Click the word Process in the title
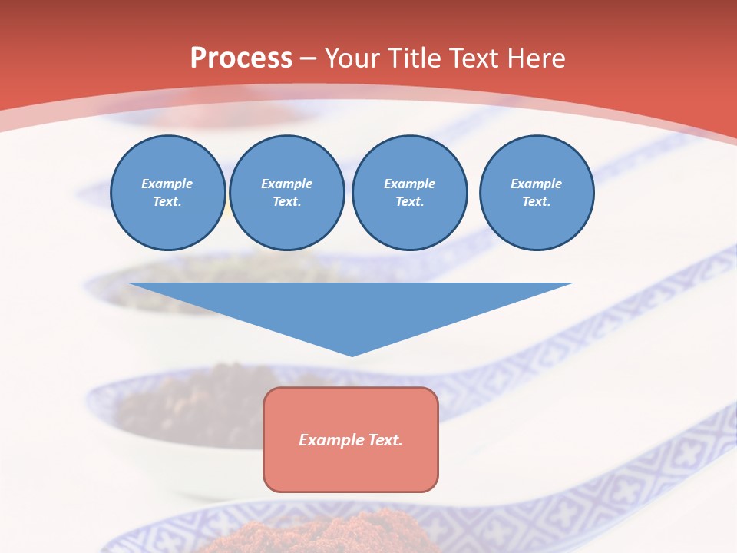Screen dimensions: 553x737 coord(241,58)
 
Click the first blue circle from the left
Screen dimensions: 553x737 coord(168,193)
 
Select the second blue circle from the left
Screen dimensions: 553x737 coord(287,193)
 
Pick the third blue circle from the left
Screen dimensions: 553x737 coord(410,193)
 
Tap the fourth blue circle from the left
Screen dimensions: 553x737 coord(537,193)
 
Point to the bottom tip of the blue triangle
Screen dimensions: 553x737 coord(352,356)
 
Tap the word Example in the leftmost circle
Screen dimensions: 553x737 coord(167,184)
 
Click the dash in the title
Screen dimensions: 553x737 coord(309,58)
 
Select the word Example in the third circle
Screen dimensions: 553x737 coord(409,184)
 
